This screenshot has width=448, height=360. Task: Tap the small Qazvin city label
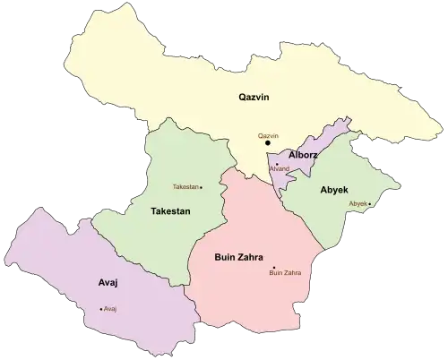(x=268, y=135)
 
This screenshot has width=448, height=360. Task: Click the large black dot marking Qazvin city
(x=267, y=142)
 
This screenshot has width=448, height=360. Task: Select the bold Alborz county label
(x=303, y=154)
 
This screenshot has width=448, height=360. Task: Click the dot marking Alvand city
(x=277, y=164)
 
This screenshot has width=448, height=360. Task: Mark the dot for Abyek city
(x=370, y=204)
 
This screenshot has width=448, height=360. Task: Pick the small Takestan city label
(x=185, y=187)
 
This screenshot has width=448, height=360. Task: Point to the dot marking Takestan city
(x=202, y=187)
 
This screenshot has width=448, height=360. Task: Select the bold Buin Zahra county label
(x=237, y=257)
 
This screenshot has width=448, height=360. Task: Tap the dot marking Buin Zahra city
(x=273, y=267)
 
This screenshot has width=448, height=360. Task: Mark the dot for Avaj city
(x=101, y=309)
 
